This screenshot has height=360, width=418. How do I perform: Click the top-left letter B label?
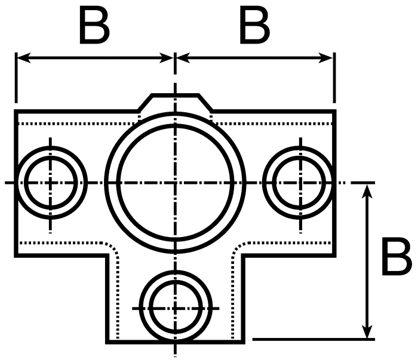[x=94, y=25]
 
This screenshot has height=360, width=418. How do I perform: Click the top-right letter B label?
[x=254, y=25]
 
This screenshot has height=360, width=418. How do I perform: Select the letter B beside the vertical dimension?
[x=397, y=256]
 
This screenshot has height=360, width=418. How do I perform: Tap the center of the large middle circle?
[x=175, y=183]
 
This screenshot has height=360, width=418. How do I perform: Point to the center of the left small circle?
[x=51, y=183]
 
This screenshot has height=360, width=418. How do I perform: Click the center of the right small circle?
[x=301, y=183]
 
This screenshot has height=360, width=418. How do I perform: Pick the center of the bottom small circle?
[x=175, y=308]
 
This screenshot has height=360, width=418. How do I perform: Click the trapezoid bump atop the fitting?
[x=175, y=102]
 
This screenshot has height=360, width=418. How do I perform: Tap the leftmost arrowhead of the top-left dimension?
[x=24, y=57]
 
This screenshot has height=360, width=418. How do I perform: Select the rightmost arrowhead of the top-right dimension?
[x=325, y=57]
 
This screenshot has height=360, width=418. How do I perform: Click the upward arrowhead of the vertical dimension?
[x=368, y=191]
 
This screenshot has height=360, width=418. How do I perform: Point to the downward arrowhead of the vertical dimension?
[x=368, y=331]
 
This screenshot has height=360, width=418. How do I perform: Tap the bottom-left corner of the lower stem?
[x=107, y=342]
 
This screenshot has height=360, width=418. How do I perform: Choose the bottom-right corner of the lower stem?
[x=243, y=342]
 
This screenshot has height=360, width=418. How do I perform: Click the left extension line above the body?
[x=16, y=78]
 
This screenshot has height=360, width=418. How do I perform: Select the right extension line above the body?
[x=334, y=78]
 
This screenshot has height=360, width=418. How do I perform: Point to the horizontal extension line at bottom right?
[x=314, y=339]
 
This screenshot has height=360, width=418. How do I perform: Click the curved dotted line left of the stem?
[x=115, y=252]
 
